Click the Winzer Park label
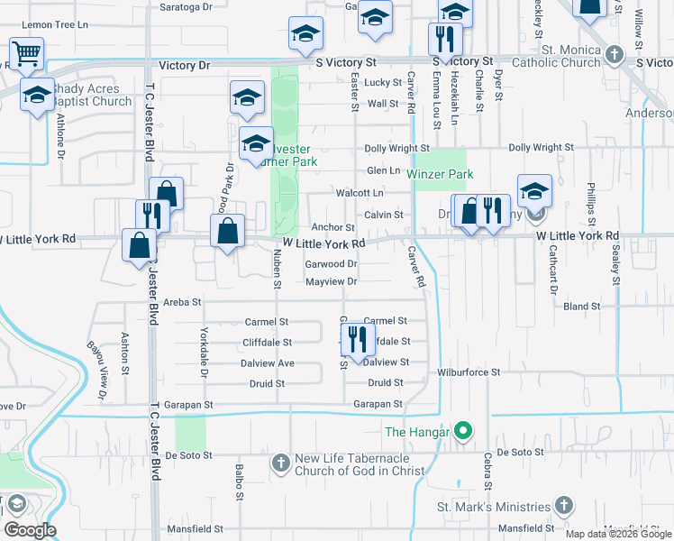(x=440, y=174)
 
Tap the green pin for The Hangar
(x=463, y=432)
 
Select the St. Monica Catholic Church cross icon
(x=614, y=54)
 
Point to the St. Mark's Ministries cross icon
(x=564, y=506)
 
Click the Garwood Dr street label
(x=332, y=264)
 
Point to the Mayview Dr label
(x=332, y=281)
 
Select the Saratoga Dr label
(x=187, y=5)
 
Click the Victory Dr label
(x=184, y=66)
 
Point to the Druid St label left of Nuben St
(x=267, y=383)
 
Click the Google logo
(x=30, y=530)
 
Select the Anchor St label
(x=332, y=228)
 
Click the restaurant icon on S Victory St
(x=445, y=39)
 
